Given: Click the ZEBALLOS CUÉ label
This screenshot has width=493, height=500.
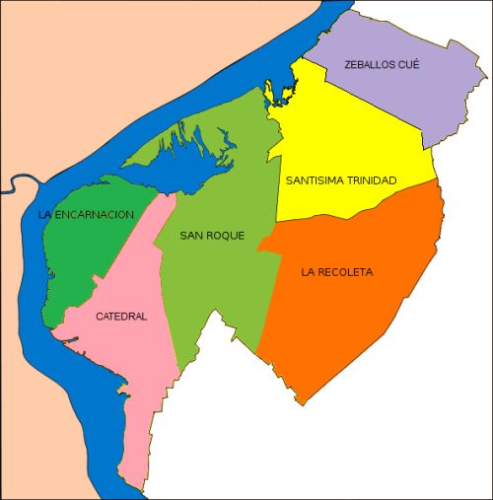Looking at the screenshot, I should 382,64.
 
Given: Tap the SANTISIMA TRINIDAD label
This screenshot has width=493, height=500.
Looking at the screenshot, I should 341,181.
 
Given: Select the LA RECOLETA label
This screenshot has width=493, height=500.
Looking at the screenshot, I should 338,271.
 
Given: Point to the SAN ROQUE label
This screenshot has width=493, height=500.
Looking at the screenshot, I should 212,236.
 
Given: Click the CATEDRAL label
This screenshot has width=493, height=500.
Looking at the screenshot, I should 121,317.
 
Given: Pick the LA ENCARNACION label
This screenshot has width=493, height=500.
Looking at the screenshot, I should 86,214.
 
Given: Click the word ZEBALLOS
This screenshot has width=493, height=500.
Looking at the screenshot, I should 369,64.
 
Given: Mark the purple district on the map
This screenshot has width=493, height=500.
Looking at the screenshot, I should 414,94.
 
